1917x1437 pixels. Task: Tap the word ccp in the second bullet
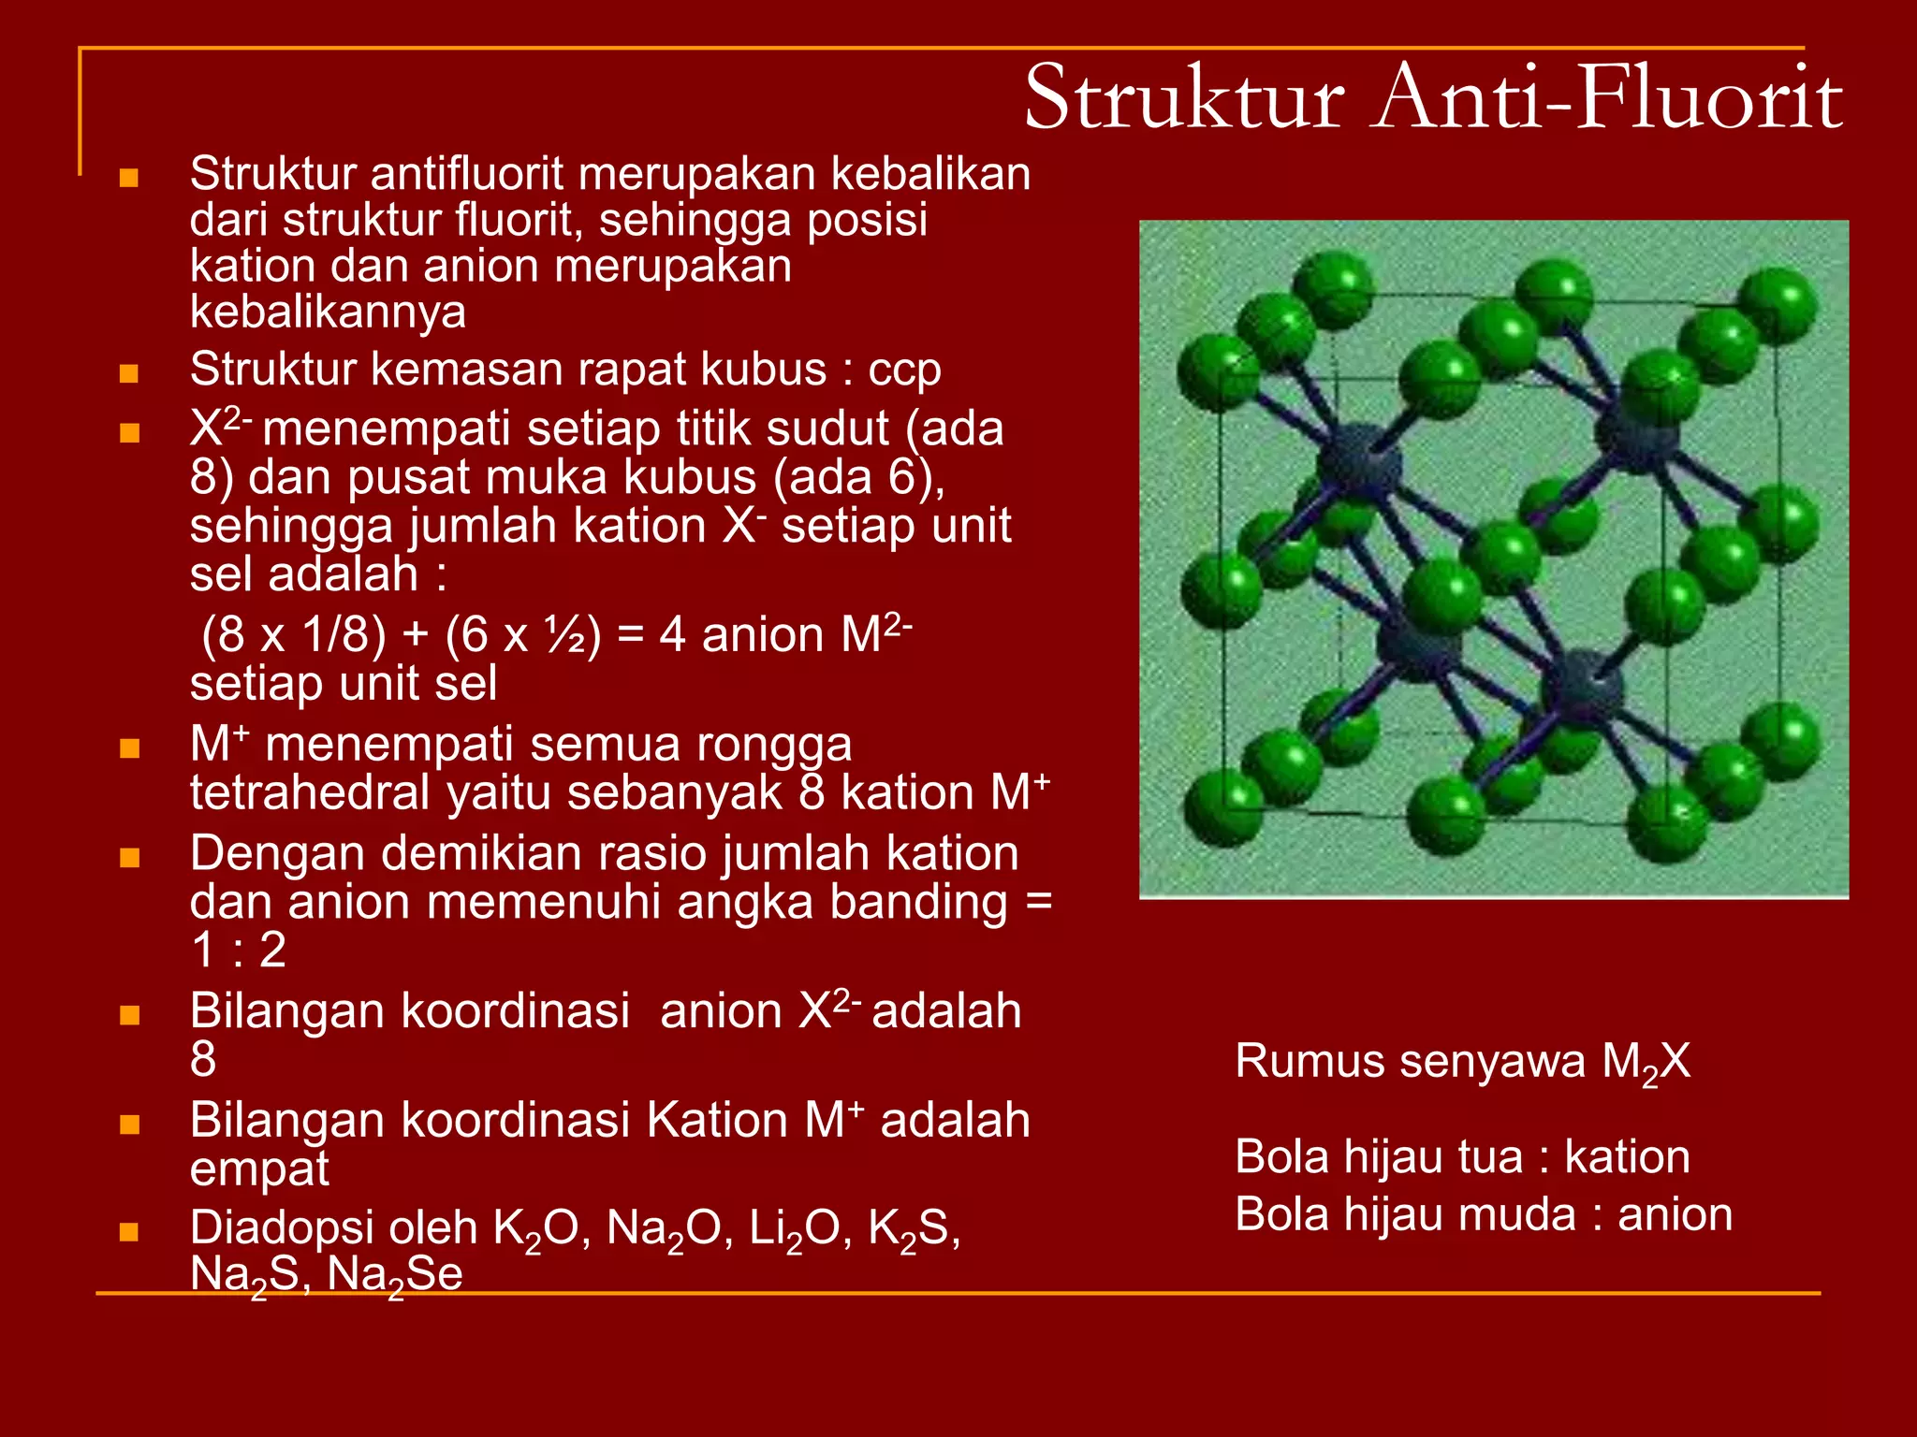pyautogui.click(x=904, y=370)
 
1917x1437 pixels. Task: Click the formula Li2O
pyautogui.click(x=795, y=1229)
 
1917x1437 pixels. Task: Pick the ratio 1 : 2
pyautogui.click(x=239, y=951)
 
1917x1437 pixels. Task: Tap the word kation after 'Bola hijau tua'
pyautogui.click(x=1627, y=1157)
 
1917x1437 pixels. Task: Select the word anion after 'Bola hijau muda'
pyautogui.click(x=1675, y=1215)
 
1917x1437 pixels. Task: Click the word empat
pyautogui.click(x=259, y=1169)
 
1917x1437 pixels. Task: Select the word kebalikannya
pyautogui.click(x=328, y=312)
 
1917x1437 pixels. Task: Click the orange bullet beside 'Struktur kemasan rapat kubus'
pyautogui.click(x=129, y=374)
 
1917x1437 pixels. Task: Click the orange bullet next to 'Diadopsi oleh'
pyautogui.click(x=129, y=1232)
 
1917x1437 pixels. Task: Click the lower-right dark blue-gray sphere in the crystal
pyautogui.click(x=1582, y=688)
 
